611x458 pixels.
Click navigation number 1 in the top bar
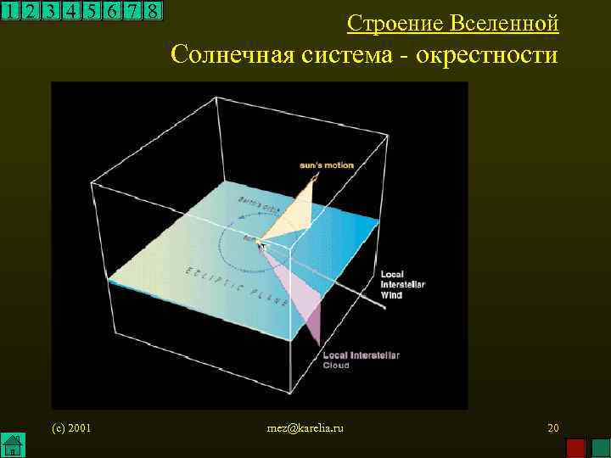click(x=9, y=11)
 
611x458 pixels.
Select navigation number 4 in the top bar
click(x=70, y=11)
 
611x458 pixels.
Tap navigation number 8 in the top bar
click(x=152, y=11)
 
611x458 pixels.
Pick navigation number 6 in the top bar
click(x=111, y=11)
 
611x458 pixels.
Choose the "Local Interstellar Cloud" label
click(x=360, y=360)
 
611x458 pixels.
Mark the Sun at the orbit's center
click(x=251, y=240)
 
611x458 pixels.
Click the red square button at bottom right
click(x=576, y=447)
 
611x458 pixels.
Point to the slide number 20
click(x=552, y=427)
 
